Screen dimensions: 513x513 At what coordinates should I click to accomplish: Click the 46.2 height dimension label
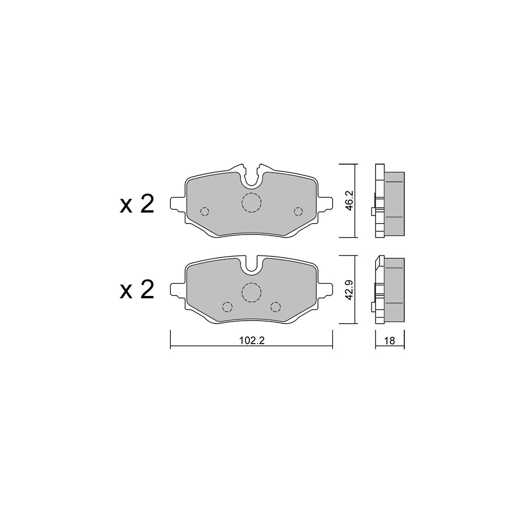tap(349, 201)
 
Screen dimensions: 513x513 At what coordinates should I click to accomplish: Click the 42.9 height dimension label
tap(349, 290)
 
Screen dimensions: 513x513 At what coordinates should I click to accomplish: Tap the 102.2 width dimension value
tap(251, 341)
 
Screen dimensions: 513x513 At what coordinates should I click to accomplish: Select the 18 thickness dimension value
tap(390, 341)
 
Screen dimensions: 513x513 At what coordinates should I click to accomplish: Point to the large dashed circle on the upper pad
tap(251, 203)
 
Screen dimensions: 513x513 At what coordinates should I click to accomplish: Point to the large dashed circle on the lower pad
tap(251, 292)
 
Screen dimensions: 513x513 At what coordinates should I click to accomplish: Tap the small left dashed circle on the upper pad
tap(205, 212)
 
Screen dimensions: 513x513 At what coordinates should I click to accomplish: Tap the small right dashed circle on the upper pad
tap(298, 212)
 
